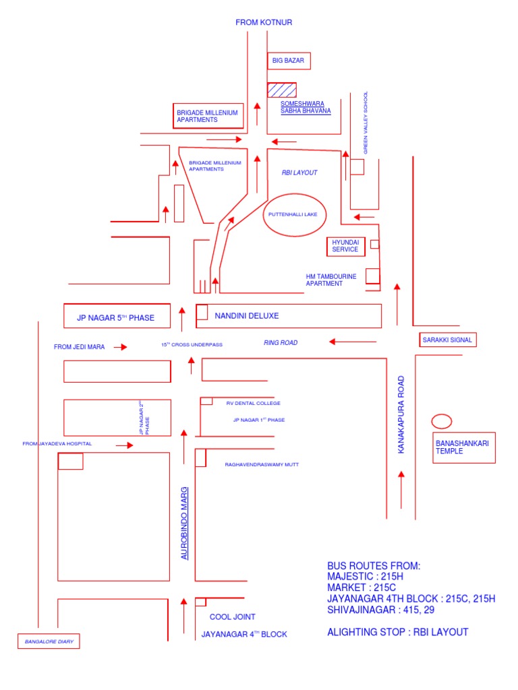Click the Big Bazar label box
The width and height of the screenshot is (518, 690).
pos(289,61)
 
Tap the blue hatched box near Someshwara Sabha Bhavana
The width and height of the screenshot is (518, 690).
pos(281,90)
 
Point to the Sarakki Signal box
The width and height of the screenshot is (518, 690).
pos(447,340)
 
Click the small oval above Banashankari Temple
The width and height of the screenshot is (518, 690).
pos(442,422)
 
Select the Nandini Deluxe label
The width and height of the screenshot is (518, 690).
pos(246,315)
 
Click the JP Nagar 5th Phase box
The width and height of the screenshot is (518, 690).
pos(117,315)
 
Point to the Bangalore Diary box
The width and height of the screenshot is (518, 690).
pos(49,642)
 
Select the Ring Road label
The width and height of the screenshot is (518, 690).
pos(280,343)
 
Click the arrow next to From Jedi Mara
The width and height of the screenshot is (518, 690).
pos(120,347)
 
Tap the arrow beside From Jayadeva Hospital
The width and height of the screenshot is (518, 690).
pos(124,445)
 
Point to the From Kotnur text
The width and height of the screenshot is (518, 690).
pos(264,23)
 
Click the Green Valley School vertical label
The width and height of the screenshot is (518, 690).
pos(366,123)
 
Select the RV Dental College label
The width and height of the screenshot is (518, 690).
pos(253,403)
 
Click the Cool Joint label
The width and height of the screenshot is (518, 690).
pos(232,617)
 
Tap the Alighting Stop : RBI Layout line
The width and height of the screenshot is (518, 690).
pos(397,632)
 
